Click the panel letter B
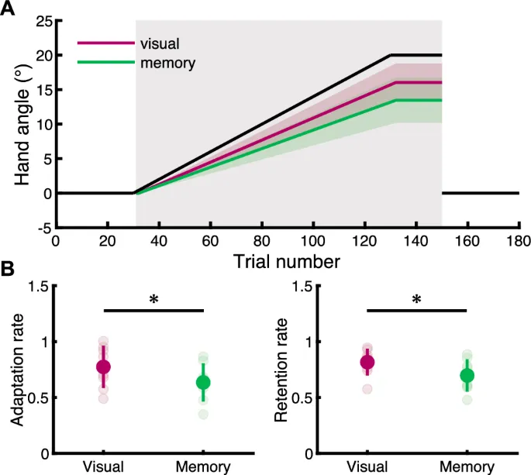(x=8, y=270)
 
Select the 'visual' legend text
(x=160, y=43)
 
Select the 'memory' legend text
(x=167, y=63)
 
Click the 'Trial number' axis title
(x=287, y=262)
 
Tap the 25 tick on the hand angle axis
(x=43, y=22)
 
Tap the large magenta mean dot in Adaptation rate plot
(x=103, y=367)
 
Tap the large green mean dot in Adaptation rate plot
(x=203, y=382)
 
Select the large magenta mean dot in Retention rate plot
(x=367, y=362)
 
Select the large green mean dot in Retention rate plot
(x=467, y=376)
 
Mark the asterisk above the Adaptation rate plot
(x=153, y=299)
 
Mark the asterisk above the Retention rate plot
(x=417, y=299)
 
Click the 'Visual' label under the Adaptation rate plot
(x=103, y=466)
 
